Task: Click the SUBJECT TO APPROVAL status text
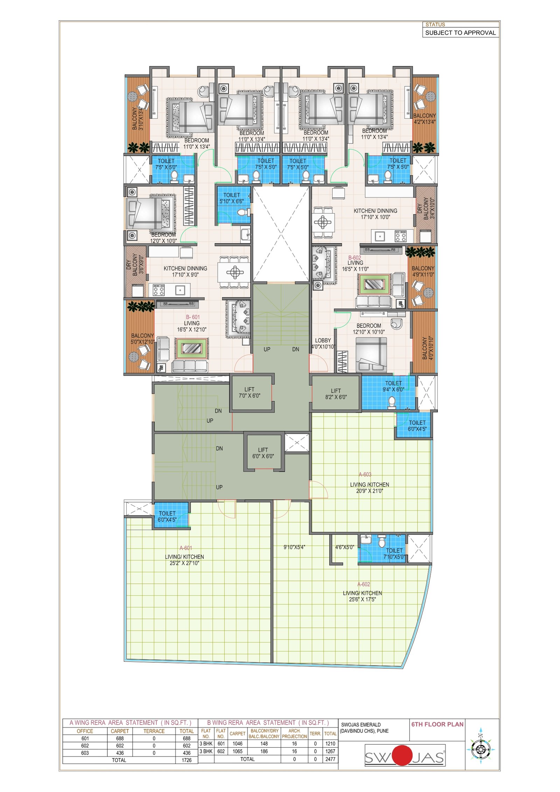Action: [460, 33]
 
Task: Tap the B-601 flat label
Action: [193, 317]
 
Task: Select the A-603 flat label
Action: [365, 475]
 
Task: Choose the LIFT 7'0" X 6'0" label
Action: [250, 393]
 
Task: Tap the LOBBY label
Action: [323, 341]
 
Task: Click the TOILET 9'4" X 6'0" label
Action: [393, 386]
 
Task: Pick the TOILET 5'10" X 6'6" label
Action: [232, 198]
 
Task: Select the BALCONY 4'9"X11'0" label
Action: [423, 272]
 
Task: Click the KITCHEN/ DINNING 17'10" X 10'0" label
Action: [376, 214]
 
